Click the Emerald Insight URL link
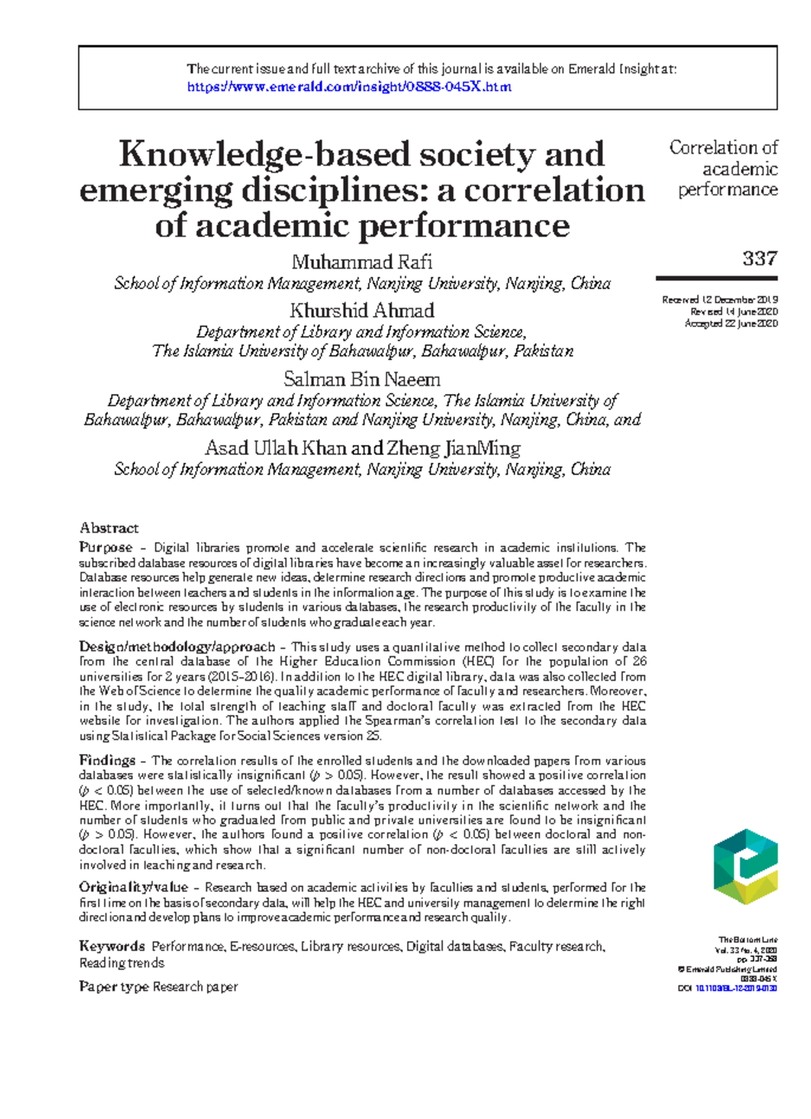point(349,87)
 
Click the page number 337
point(760,258)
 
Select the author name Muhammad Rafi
point(362,262)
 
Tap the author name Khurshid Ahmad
point(362,311)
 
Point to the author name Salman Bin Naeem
point(362,379)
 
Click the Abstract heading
point(109,528)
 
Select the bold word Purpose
point(105,547)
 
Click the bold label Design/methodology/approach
point(177,647)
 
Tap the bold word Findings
point(107,760)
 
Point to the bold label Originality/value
point(133,887)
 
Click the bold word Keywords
point(112,947)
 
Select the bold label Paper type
point(114,986)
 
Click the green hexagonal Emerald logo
point(745,867)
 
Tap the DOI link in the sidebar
point(736,989)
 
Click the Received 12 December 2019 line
point(720,300)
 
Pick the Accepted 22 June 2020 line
point(731,324)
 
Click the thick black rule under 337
point(716,278)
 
